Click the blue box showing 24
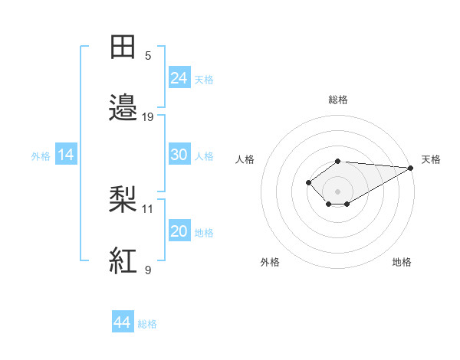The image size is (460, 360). pyautogui.click(x=179, y=77)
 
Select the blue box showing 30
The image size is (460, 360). pyautogui.click(x=179, y=154)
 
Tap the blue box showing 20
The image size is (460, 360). pyautogui.click(x=179, y=231)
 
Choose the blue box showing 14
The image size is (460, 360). pyautogui.click(x=66, y=155)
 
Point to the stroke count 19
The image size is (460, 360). pyautogui.click(x=148, y=117)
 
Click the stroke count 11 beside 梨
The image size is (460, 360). pyautogui.click(x=148, y=208)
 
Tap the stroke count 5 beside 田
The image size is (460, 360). pyautogui.click(x=148, y=56)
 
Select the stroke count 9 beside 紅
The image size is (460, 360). pyautogui.click(x=148, y=270)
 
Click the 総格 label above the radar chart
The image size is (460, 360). pyautogui.click(x=337, y=100)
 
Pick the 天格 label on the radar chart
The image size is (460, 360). pyautogui.click(x=431, y=159)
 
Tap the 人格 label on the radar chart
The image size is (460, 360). pyautogui.click(x=245, y=159)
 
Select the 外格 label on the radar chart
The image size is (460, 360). pyautogui.click(x=270, y=262)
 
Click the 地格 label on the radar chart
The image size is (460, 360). pyautogui.click(x=402, y=262)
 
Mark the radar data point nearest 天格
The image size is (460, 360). pyautogui.click(x=411, y=168)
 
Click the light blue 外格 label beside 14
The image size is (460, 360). pyautogui.click(x=41, y=155)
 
